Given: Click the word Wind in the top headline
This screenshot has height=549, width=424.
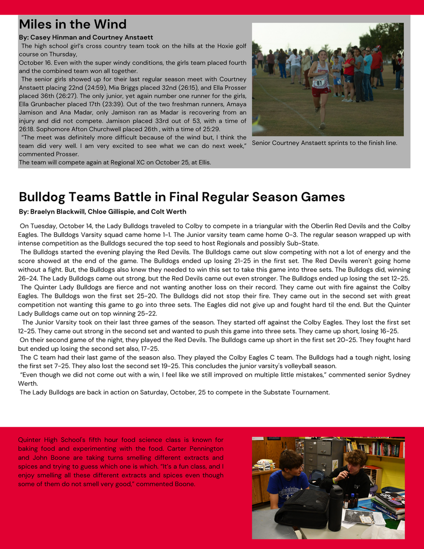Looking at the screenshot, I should [x=108, y=24].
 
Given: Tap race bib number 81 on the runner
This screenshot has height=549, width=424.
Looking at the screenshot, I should [x=319, y=82].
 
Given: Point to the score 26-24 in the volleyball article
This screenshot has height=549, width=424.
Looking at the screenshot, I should [x=27, y=278].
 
